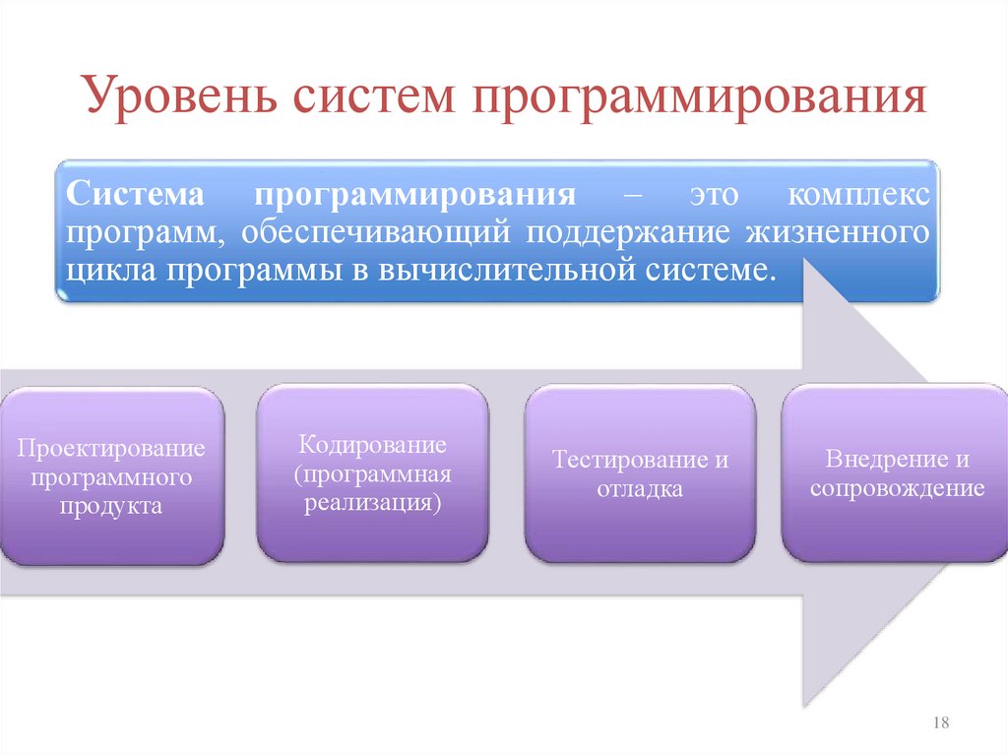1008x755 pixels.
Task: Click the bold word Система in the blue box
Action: click(x=134, y=193)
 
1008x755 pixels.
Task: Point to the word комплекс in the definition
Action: click(x=857, y=193)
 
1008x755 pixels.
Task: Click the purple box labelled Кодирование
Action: click(x=373, y=472)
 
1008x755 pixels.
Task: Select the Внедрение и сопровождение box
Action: click(x=896, y=472)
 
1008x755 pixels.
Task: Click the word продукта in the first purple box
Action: click(x=110, y=507)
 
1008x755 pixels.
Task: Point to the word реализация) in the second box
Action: click(x=373, y=502)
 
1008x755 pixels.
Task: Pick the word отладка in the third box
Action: click(x=640, y=489)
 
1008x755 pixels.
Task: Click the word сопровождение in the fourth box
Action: click(x=897, y=488)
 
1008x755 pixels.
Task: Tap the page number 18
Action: click(x=940, y=724)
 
